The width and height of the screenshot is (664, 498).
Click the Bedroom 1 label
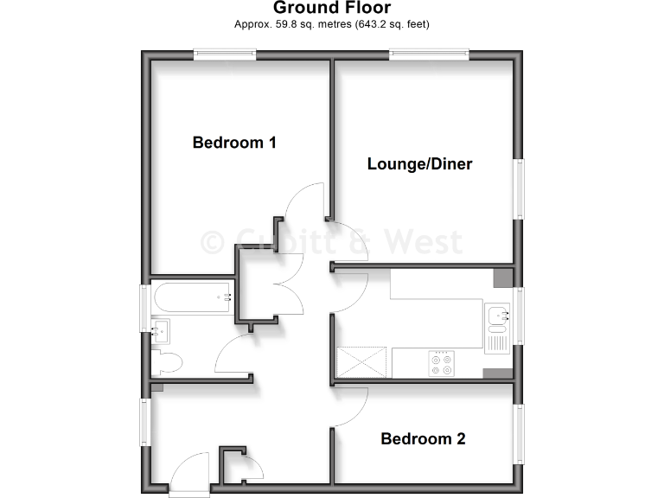pyautogui.click(x=234, y=143)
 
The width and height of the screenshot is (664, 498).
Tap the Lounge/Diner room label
pyautogui.click(x=419, y=163)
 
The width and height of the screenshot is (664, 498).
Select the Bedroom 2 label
pyautogui.click(x=423, y=439)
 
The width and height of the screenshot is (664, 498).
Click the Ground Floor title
pyautogui.click(x=332, y=9)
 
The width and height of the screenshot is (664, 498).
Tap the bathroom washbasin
pyautogui.click(x=160, y=330)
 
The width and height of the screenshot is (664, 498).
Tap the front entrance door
pyautogui.click(x=190, y=474)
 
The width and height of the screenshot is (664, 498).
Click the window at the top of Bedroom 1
pyautogui.click(x=225, y=54)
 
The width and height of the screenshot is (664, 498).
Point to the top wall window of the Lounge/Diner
pyautogui.click(x=429, y=54)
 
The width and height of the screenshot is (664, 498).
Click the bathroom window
pyautogui.click(x=146, y=307)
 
